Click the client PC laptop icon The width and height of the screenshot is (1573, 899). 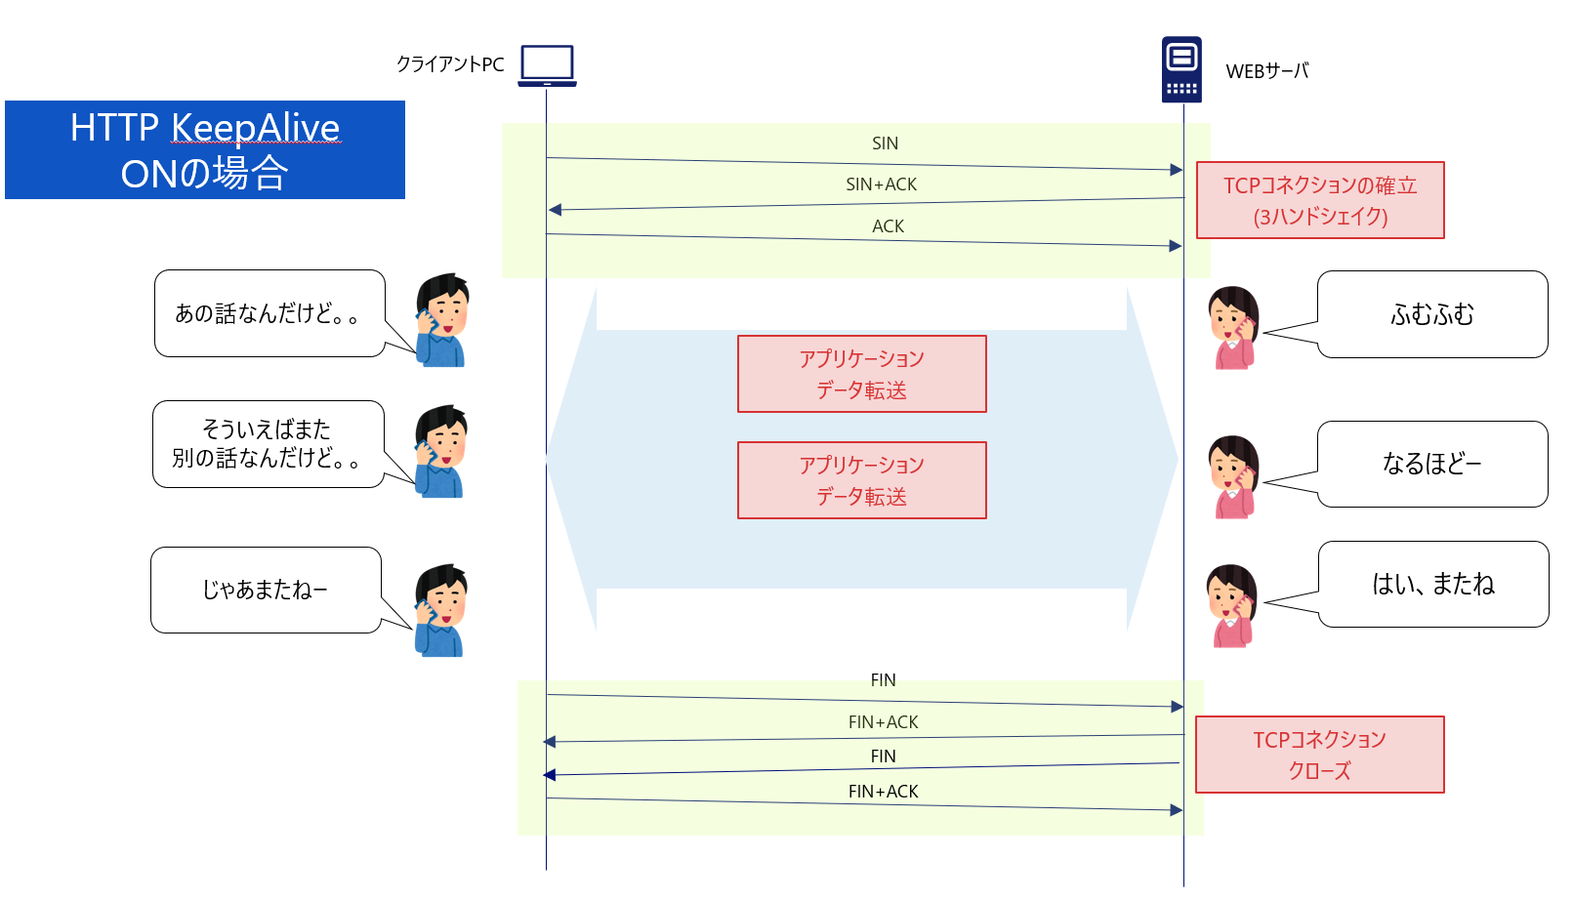click(547, 65)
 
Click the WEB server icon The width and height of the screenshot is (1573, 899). click(1181, 69)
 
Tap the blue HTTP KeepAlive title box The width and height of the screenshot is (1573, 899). click(205, 149)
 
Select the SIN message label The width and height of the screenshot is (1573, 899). click(885, 143)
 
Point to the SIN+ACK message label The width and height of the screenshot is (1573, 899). click(881, 184)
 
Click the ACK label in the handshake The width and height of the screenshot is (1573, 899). click(888, 226)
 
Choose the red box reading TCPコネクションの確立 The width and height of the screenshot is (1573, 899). click(1320, 200)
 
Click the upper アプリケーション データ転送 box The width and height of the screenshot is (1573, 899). click(861, 374)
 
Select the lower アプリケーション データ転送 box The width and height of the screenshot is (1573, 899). click(861, 480)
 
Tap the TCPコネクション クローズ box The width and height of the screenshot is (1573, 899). click(1319, 755)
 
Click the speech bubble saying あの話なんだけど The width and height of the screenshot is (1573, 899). click(269, 313)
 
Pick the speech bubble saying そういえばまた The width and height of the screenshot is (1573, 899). click(267, 444)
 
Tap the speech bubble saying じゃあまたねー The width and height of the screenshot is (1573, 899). click(265, 590)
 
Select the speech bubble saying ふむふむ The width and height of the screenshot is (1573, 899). click(1431, 314)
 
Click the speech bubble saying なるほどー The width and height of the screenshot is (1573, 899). click(1431, 464)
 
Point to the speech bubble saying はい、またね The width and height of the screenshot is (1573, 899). click(1432, 584)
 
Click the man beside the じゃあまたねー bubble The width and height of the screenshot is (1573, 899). click(441, 610)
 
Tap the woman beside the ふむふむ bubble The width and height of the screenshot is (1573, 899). click(1233, 327)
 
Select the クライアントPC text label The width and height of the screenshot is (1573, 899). click(450, 64)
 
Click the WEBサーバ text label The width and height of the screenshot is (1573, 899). click(1266, 71)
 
